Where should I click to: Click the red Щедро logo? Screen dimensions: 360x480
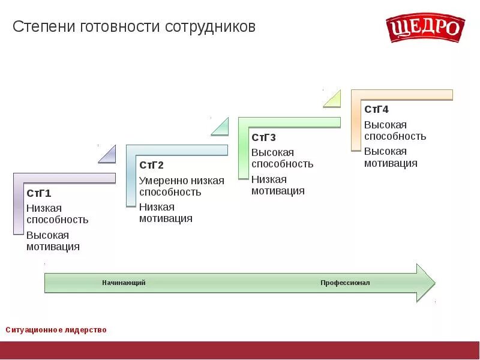pos(425,28)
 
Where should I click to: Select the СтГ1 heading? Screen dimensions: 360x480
pos(39,193)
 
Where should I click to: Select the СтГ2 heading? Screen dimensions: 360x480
pos(151,165)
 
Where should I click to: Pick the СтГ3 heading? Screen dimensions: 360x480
pos(263,137)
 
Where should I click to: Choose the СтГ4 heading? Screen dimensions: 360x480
pos(376,109)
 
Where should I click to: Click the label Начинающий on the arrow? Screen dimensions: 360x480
pos(124,283)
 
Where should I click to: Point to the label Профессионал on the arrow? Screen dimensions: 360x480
pos(345,283)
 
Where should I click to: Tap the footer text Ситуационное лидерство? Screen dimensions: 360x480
pos(56,330)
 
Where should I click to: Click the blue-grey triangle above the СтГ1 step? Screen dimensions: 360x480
pos(109,155)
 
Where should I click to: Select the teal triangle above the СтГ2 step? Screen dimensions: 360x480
pos(221,127)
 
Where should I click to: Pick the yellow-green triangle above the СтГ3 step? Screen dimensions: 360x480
pos(334,100)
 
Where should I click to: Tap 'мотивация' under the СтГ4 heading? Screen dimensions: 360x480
pos(391,163)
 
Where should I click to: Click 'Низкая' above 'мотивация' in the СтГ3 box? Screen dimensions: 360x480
pos(269,179)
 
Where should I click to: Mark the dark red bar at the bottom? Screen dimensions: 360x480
pos(240,350)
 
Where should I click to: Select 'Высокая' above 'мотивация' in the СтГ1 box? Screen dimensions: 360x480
pos(47,235)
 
